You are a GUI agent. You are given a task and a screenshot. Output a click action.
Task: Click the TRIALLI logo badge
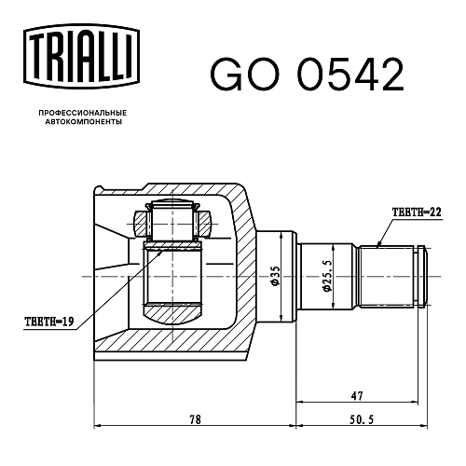click(x=81, y=56)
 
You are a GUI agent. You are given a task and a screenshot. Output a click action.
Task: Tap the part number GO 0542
click(x=307, y=75)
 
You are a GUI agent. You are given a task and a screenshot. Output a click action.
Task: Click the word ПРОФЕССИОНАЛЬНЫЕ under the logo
click(x=83, y=113)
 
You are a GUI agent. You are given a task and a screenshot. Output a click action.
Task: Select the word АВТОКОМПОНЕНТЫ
click(x=83, y=122)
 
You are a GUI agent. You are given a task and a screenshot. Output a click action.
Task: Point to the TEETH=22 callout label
click(x=417, y=212)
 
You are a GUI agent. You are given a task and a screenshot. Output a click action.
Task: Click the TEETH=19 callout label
click(x=49, y=321)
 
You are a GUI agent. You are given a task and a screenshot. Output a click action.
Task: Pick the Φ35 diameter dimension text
click(x=275, y=276)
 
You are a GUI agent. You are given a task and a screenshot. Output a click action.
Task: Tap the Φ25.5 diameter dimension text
click(x=327, y=276)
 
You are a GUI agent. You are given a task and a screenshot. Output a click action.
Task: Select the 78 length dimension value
click(x=195, y=419)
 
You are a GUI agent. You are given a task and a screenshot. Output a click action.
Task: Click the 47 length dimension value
click(x=357, y=396)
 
